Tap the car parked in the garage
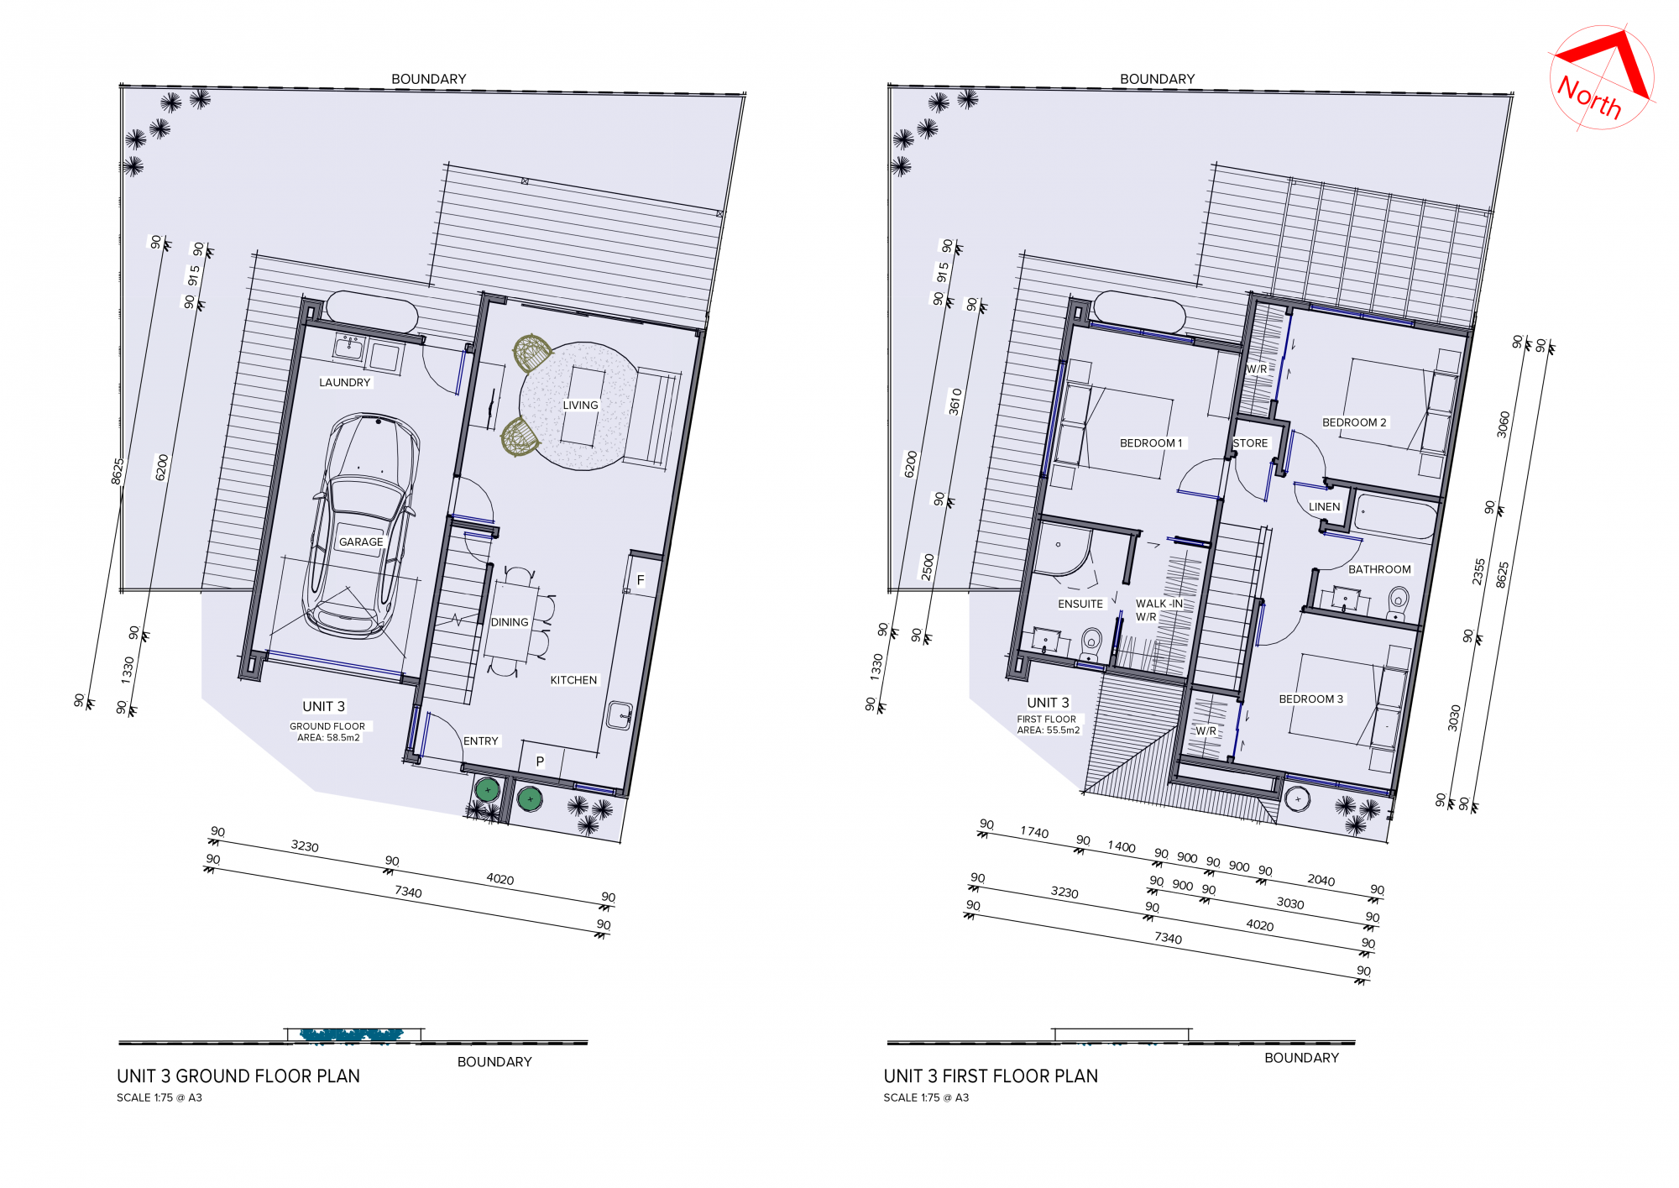[x=361, y=526]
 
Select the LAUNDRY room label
[x=344, y=383]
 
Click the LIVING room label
[x=580, y=406]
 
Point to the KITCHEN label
[x=573, y=680]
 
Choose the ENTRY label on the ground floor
[x=481, y=741]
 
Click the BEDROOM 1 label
[x=1151, y=443]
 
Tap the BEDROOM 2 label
[x=1354, y=422]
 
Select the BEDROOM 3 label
[x=1310, y=699]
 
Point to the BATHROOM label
[x=1379, y=569]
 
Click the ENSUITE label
[x=1080, y=604]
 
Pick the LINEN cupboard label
[x=1324, y=507]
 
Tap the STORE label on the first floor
[x=1250, y=443]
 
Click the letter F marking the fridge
[x=641, y=580]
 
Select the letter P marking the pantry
[x=540, y=761]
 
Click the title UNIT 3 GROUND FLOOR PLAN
[x=238, y=1076]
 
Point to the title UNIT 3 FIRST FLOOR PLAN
[x=991, y=1076]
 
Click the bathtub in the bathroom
[x=1395, y=516]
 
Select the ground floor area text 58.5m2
[x=343, y=738]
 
